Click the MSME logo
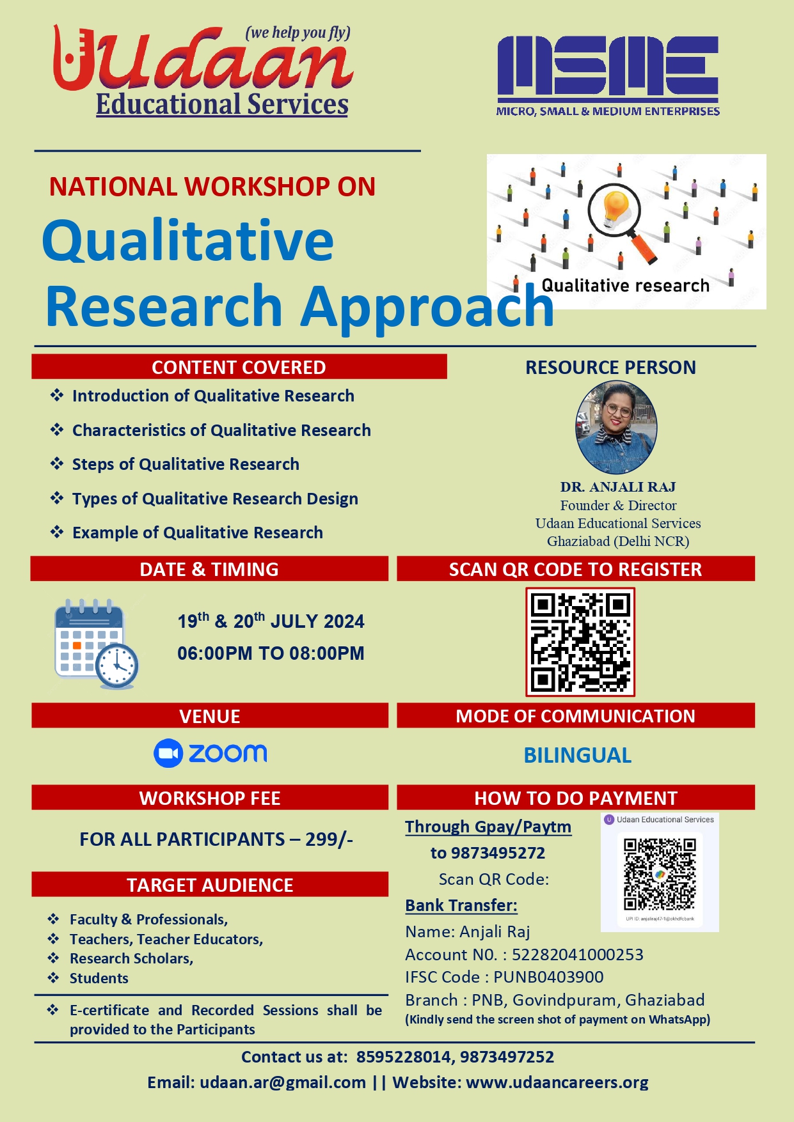click(x=608, y=75)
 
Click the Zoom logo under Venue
click(x=210, y=754)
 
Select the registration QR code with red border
click(x=580, y=642)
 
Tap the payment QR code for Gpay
click(x=660, y=874)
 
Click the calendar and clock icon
click(x=97, y=644)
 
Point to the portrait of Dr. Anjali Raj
click(x=616, y=427)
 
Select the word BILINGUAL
click(x=578, y=755)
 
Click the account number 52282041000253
click(x=578, y=954)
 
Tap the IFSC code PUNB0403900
click(x=548, y=977)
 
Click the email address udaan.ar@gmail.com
click(x=283, y=1082)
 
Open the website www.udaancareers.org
click(x=557, y=1082)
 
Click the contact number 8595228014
click(x=404, y=1057)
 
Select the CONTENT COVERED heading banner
click(x=239, y=367)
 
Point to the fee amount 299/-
click(x=329, y=839)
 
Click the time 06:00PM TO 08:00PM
click(x=271, y=653)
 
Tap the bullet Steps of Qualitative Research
click(x=186, y=464)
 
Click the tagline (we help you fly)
click(x=298, y=33)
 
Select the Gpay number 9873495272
click(x=498, y=853)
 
